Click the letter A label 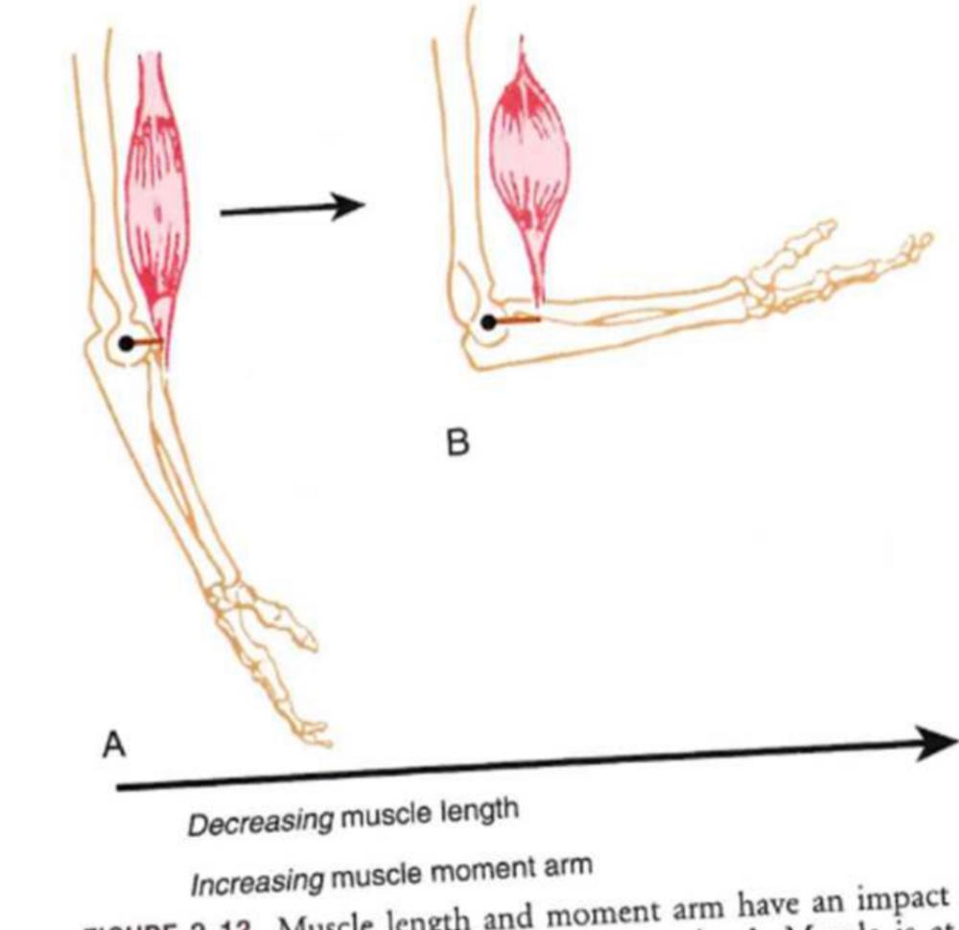[x=114, y=745]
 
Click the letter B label [x=459, y=444]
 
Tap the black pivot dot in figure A [x=127, y=342]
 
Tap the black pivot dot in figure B [x=489, y=322]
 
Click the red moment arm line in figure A [x=147, y=341]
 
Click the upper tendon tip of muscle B [x=522, y=43]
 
